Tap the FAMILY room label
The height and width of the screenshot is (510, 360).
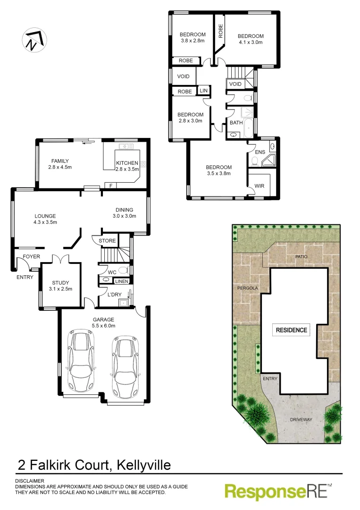(x=60, y=161)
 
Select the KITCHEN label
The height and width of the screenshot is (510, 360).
(x=127, y=163)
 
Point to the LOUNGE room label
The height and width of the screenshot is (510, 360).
(x=45, y=216)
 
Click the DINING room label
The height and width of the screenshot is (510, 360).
(x=125, y=210)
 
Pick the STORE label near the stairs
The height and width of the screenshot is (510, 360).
(x=107, y=241)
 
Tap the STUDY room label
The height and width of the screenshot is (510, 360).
(x=60, y=283)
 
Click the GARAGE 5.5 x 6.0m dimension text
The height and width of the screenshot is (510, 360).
(x=103, y=325)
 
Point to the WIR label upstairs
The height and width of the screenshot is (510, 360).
(x=259, y=186)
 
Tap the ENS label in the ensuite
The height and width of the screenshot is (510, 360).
(x=260, y=152)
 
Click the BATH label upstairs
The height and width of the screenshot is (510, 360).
(x=236, y=123)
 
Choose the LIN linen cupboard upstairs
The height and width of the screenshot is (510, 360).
(x=204, y=91)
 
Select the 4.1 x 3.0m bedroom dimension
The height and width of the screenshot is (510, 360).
(x=250, y=42)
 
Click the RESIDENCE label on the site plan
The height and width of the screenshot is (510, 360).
(x=291, y=330)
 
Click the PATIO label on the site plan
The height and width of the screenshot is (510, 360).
(x=301, y=256)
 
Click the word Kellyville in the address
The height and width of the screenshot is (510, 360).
(x=140, y=465)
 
